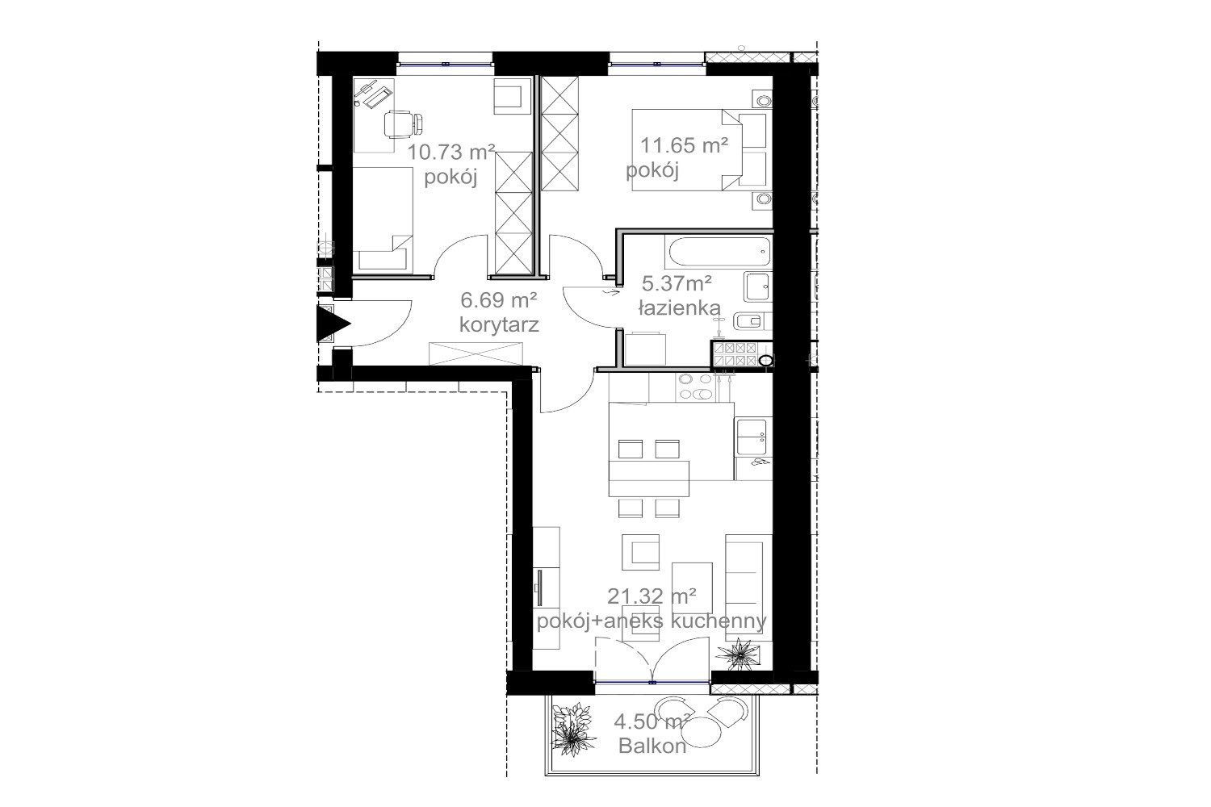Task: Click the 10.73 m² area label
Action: (x=450, y=153)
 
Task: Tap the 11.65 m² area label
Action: (x=684, y=145)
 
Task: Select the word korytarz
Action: (x=499, y=325)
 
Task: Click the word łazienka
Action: (x=680, y=308)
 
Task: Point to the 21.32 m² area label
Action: (x=652, y=596)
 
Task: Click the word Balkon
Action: (x=652, y=746)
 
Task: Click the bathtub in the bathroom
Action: (x=719, y=252)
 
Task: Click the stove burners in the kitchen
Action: (x=695, y=387)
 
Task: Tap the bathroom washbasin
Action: (x=757, y=286)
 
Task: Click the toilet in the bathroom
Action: (x=752, y=322)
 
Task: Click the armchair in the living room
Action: (x=641, y=552)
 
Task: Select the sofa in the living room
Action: (x=748, y=587)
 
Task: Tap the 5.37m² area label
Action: (x=677, y=282)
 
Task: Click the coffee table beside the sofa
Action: (x=692, y=587)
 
